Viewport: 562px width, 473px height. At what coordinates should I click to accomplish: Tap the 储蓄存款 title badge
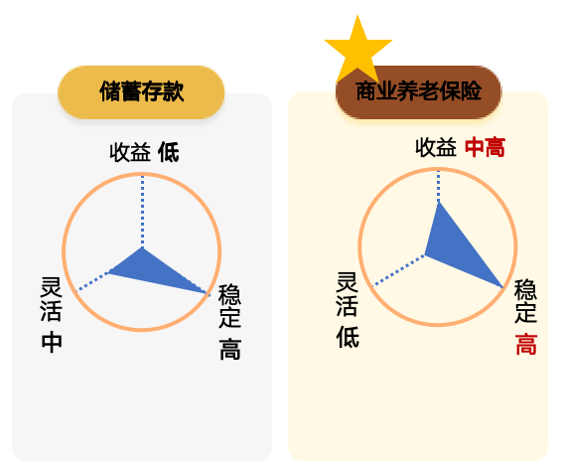click(141, 92)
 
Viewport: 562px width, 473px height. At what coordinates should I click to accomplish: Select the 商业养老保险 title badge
click(418, 92)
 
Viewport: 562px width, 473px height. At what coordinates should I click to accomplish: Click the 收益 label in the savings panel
click(130, 152)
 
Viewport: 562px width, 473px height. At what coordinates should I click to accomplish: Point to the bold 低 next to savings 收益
click(169, 152)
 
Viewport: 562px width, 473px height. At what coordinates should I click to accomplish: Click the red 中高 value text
click(485, 147)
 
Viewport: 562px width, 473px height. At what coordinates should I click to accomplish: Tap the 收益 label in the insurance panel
click(436, 147)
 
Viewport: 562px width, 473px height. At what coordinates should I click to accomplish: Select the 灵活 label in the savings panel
click(51, 299)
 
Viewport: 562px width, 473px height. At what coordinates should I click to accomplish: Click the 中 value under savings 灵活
click(52, 342)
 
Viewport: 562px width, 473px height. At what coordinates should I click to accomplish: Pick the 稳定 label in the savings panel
click(229, 305)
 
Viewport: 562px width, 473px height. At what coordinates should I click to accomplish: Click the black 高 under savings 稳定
click(230, 349)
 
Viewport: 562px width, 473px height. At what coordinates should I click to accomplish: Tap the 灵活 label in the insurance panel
click(347, 294)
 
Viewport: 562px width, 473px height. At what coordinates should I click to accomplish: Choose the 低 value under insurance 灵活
click(348, 337)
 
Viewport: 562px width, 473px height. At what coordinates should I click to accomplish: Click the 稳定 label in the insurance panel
click(525, 300)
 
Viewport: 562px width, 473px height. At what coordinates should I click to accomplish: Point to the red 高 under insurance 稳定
click(526, 344)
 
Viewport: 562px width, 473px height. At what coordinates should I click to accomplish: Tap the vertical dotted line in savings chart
click(143, 212)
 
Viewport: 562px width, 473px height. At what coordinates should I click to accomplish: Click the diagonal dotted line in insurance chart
click(398, 270)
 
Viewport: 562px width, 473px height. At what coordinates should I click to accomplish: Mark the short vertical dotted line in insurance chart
click(438, 187)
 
